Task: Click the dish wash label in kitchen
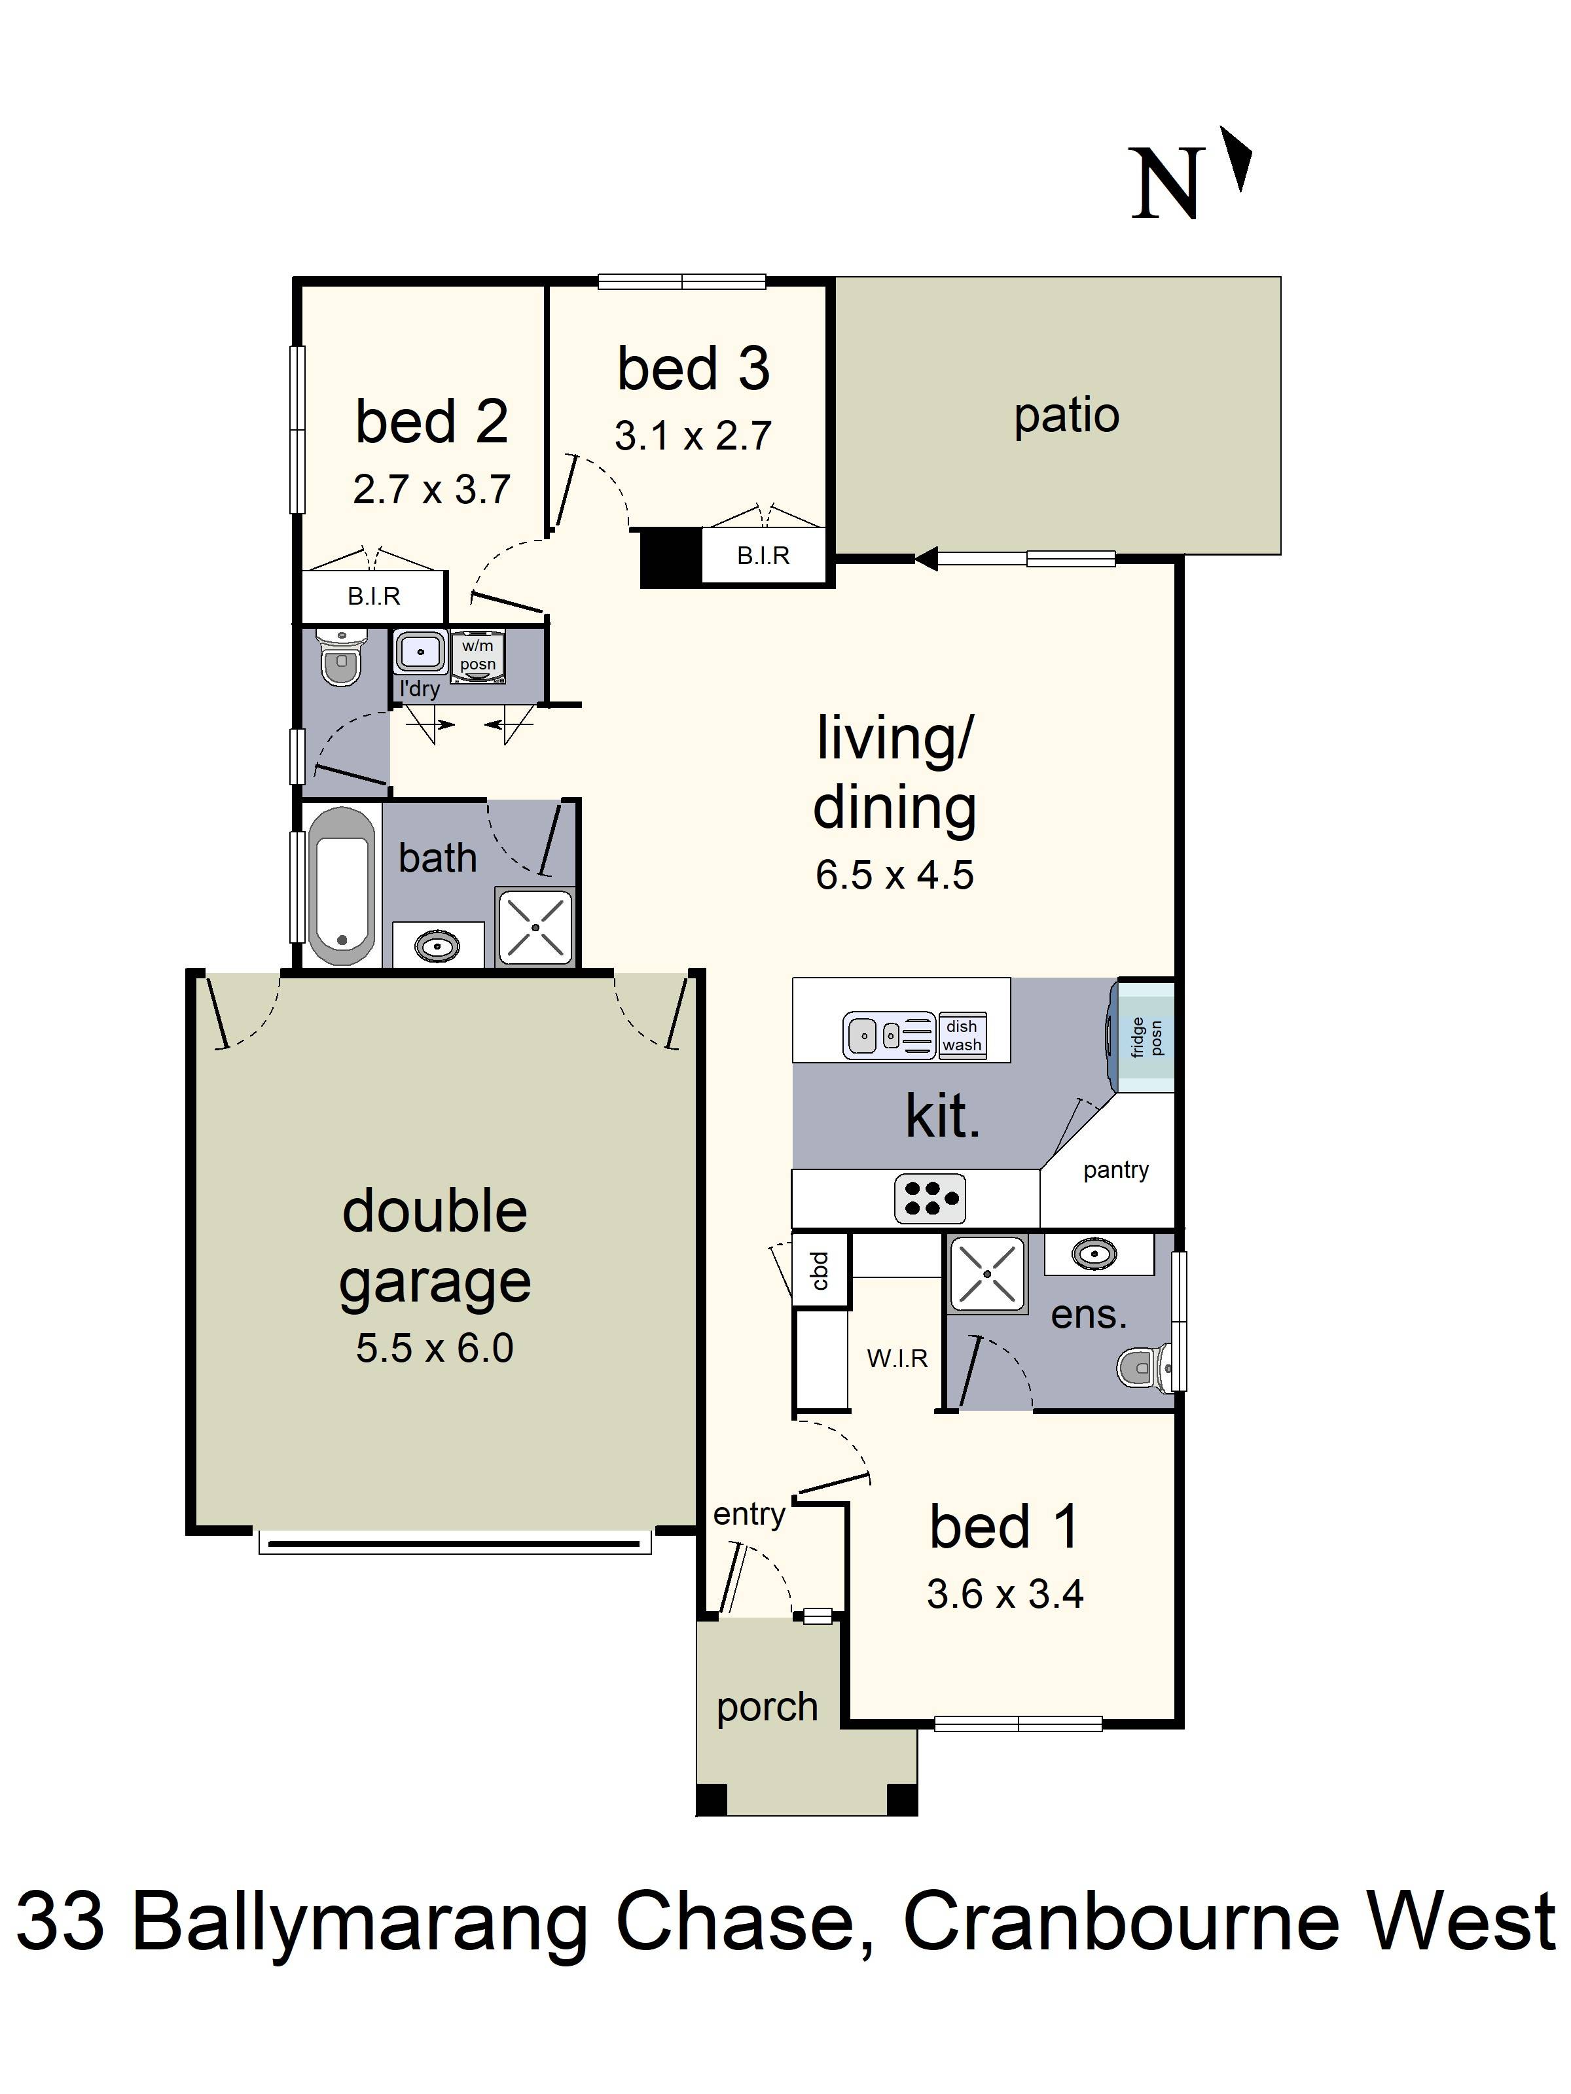(x=961, y=1036)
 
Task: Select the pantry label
(x=1115, y=1170)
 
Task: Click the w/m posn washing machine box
(x=479, y=655)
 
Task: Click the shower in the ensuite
(x=986, y=1273)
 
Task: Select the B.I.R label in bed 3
(x=763, y=556)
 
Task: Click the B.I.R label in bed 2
(x=374, y=596)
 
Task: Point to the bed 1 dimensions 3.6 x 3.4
(x=1005, y=1594)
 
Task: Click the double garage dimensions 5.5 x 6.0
(x=435, y=1348)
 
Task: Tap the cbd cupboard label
(x=820, y=1269)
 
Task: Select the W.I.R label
(x=897, y=1358)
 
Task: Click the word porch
(x=767, y=1707)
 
